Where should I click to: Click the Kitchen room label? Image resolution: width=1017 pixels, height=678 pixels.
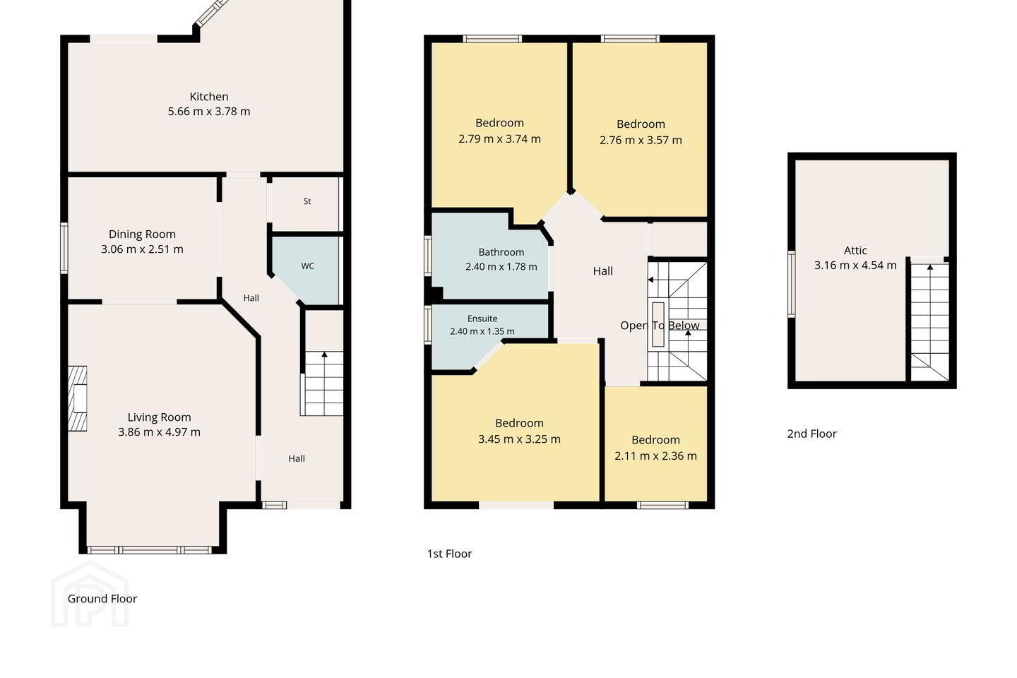point(209,97)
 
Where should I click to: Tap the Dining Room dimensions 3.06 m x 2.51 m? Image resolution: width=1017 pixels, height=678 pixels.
point(142,249)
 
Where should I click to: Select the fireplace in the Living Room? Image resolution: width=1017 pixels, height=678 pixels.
point(78,398)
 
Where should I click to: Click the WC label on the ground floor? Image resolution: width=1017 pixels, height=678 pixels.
point(307,266)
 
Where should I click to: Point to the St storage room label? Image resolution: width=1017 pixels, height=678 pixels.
point(307,201)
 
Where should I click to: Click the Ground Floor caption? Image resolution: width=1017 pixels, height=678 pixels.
point(102,598)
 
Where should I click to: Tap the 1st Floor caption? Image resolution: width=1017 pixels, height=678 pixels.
point(449,554)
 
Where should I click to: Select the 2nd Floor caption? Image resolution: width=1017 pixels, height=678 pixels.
point(811,434)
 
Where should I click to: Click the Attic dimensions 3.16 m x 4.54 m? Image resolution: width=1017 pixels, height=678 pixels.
point(855,266)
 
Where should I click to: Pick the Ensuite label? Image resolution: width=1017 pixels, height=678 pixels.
point(482,319)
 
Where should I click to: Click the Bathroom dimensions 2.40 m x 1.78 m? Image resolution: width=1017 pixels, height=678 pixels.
point(501,266)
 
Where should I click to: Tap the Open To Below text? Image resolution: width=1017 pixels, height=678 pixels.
point(660,326)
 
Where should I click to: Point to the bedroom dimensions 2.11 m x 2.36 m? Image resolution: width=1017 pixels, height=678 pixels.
point(655,456)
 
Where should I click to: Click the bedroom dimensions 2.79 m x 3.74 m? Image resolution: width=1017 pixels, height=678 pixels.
point(499,139)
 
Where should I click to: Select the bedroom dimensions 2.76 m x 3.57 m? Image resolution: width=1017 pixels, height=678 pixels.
point(641,141)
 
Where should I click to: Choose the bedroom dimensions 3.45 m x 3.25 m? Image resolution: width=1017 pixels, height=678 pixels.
point(519,439)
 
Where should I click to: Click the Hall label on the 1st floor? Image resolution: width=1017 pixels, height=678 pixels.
point(603,271)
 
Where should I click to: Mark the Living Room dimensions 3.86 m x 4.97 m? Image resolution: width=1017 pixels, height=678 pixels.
point(160,432)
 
